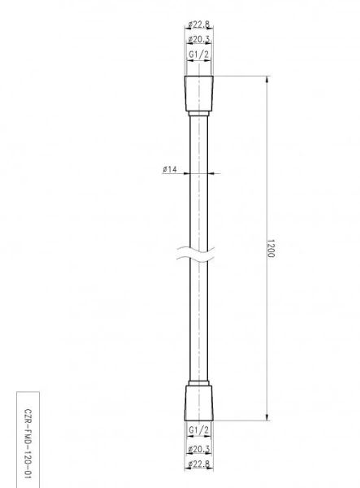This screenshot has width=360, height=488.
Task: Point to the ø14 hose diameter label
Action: [x=170, y=169]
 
